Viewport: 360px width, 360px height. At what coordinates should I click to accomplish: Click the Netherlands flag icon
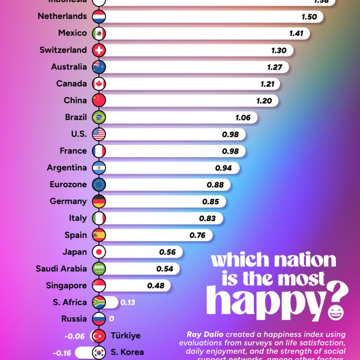[x=99, y=17]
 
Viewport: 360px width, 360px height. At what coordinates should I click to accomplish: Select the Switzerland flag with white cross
[x=99, y=50]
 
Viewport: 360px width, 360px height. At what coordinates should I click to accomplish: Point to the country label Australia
[x=69, y=67]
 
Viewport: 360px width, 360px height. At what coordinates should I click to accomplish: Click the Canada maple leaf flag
[x=99, y=84]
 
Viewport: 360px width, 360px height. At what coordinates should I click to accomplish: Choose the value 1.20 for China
[x=264, y=101]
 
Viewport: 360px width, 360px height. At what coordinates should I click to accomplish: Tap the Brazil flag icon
[x=99, y=117]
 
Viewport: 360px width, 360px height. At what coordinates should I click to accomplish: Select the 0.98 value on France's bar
[x=230, y=151]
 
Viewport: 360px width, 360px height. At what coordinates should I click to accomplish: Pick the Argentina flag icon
[x=99, y=168]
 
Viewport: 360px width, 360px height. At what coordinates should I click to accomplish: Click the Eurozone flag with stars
[x=99, y=184]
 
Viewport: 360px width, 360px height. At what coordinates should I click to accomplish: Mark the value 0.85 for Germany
[x=211, y=202]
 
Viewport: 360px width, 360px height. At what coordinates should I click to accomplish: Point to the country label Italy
[x=78, y=218]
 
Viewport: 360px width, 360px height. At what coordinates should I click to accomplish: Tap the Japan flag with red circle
[x=99, y=252]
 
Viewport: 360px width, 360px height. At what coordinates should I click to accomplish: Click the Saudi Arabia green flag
[x=99, y=269]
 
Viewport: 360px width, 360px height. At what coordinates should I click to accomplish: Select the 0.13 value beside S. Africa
[x=128, y=302]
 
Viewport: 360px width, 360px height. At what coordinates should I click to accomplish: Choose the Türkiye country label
[x=126, y=336]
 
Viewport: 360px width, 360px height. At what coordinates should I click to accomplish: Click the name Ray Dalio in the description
[x=205, y=334]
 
